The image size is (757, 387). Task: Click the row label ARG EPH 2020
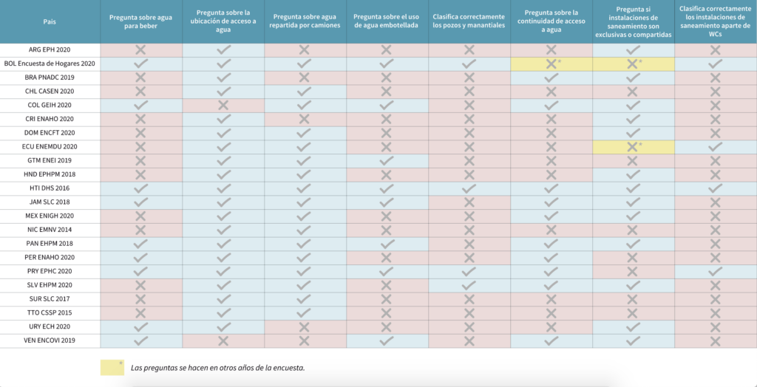pos(50,50)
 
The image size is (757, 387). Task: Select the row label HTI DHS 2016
pos(50,188)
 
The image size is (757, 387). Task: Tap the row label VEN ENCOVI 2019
pos(50,340)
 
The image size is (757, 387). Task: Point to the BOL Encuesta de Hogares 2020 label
pos(50,64)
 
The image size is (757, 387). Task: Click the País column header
pos(50,22)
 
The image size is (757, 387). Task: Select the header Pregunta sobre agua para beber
pos(141,22)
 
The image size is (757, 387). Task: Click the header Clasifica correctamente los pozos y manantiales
pos(469,22)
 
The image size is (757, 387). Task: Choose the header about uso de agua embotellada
pos(387,22)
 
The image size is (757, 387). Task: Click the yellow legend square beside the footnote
pos(112,367)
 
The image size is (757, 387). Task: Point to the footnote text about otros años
pos(218,368)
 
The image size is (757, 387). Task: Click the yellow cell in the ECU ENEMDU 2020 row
pos(633,147)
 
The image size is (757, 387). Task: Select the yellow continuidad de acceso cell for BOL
pos(551,64)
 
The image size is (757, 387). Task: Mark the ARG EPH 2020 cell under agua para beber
pos(141,50)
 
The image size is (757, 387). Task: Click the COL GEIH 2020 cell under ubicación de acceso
pos(223,106)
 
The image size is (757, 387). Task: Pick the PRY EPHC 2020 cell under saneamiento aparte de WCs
pos(715,272)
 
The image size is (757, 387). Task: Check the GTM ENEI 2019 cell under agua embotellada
pos(387,161)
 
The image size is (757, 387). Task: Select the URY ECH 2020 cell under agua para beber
pos(141,326)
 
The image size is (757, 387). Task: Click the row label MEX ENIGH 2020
pos(50,216)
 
